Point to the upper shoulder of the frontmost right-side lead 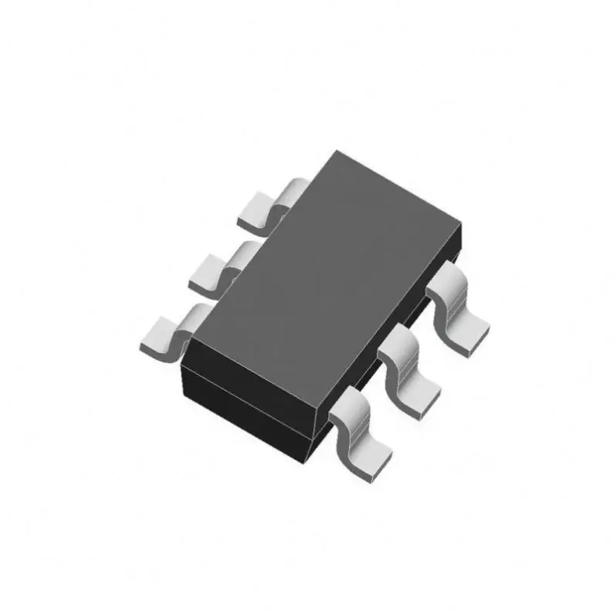346,402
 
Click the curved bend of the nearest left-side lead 190,317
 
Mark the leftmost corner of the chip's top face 190,340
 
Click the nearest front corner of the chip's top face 317,421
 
